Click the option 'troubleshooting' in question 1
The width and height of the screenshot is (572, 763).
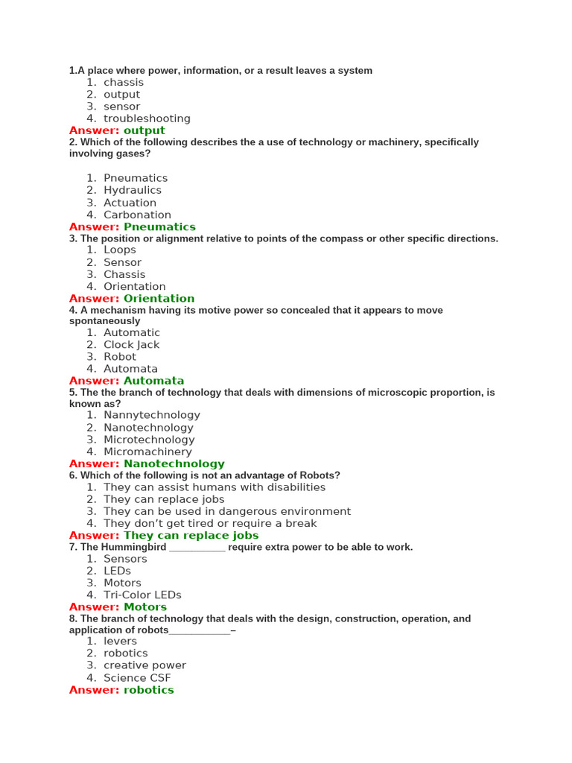pos(147,118)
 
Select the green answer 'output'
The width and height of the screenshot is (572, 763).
pos(144,130)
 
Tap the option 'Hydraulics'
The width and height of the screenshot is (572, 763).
pos(133,190)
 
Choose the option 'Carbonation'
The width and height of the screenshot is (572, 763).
pos(137,215)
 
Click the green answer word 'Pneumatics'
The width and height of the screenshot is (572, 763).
pos(159,227)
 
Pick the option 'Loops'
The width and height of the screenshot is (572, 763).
pos(120,250)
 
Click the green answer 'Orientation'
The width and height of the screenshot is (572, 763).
pos(159,298)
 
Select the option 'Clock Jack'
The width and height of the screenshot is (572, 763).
pos(131,344)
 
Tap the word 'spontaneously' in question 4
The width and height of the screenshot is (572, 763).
pos(104,321)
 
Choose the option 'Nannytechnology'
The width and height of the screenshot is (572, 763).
pos(152,415)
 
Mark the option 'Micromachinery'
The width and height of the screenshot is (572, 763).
pos(147,452)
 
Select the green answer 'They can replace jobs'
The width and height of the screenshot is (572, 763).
pos(191,535)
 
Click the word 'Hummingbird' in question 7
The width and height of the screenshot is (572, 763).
pos(133,547)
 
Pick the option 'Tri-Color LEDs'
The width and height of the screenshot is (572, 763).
pos(142,595)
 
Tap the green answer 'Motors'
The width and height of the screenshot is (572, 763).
pos(145,607)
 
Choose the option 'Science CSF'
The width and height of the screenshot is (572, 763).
pos(137,678)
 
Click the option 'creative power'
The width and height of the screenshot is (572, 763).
pos(144,665)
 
